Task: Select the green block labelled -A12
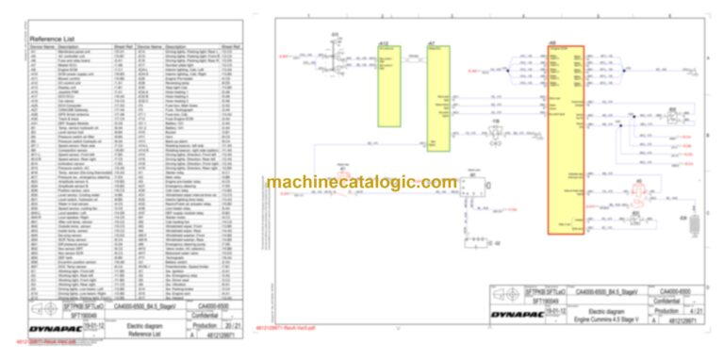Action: (x=387, y=85)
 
